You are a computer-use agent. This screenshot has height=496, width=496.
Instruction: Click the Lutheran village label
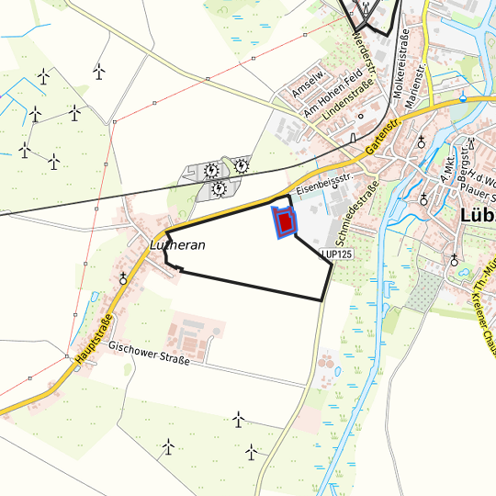[177, 245]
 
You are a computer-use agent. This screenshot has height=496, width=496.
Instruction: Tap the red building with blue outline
[285, 221]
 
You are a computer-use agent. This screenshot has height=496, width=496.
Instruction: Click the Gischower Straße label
[149, 354]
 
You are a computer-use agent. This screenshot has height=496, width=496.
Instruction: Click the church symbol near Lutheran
[124, 277]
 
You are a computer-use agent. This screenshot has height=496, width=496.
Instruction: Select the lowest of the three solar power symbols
[220, 189]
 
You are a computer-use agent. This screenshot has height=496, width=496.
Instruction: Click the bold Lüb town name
[475, 218]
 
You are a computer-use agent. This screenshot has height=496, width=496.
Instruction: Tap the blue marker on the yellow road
[464, 98]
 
